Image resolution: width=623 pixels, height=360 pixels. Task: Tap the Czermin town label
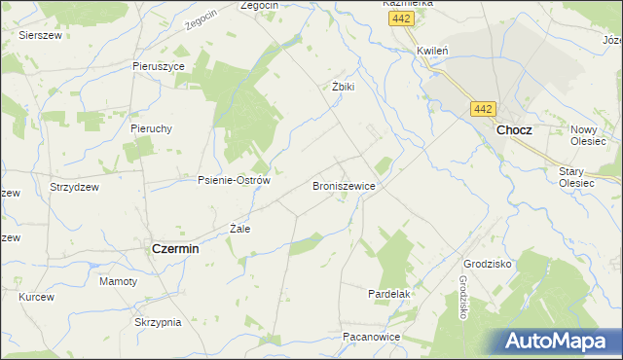[x=176, y=248]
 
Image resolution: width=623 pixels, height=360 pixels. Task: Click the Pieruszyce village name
[x=159, y=66]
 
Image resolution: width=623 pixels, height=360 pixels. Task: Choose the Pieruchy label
[x=151, y=127]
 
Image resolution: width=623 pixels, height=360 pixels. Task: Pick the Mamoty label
[x=119, y=281]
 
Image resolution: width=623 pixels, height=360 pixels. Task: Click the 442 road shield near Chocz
[x=484, y=109]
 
